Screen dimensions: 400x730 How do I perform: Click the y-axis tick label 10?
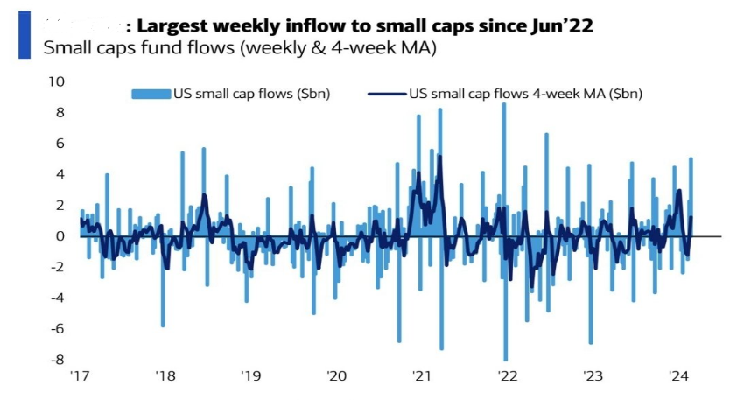pos(57,81)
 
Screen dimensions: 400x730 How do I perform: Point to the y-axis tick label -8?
pos(57,359)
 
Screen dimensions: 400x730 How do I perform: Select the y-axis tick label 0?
pos(60,236)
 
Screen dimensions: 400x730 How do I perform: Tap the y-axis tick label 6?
pos(60,144)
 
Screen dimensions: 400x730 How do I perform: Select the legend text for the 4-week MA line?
pos(526,93)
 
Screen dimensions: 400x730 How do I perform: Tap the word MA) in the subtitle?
pos(417,47)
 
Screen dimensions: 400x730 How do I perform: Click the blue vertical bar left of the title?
pos(24,35)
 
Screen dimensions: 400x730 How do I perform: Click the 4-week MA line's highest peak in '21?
pos(439,158)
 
